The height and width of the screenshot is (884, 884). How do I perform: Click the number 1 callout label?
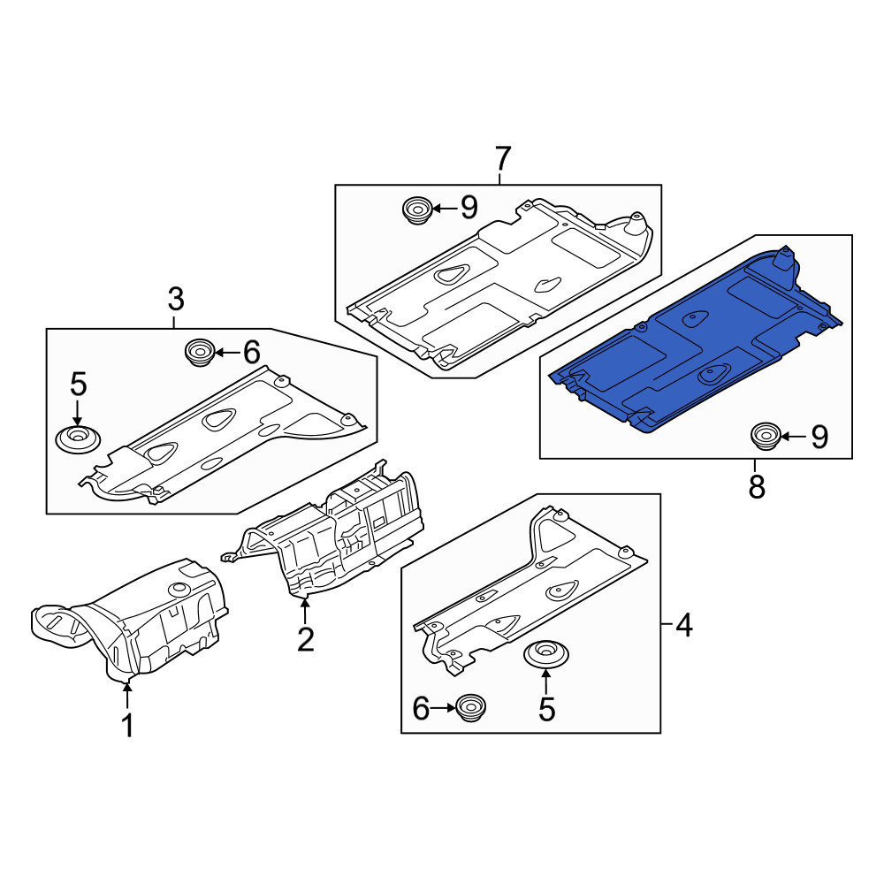tap(128, 725)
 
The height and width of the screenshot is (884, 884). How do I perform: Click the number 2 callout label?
tap(305, 639)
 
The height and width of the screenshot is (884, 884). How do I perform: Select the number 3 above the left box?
tap(176, 300)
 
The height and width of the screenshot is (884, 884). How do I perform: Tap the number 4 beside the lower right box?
tap(684, 625)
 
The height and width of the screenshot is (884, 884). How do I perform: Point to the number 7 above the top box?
tap(502, 158)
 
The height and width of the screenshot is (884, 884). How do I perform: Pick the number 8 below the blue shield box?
tap(757, 486)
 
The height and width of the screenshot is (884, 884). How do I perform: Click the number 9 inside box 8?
tap(819, 437)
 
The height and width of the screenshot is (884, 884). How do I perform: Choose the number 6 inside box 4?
tap(421, 709)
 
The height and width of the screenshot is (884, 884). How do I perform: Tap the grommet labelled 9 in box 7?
tap(416, 211)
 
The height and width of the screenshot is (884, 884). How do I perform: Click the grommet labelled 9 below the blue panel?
tap(766, 437)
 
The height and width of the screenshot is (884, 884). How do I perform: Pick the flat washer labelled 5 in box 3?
tap(79, 439)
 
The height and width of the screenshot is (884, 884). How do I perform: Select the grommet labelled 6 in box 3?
tap(200, 353)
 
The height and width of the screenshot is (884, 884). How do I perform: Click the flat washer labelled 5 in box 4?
tap(546, 654)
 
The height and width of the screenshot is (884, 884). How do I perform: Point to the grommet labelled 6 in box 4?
tap(471, 707)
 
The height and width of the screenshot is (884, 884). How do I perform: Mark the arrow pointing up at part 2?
tap(305, 611)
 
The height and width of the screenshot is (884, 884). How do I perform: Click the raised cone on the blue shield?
tap(784, 261)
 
